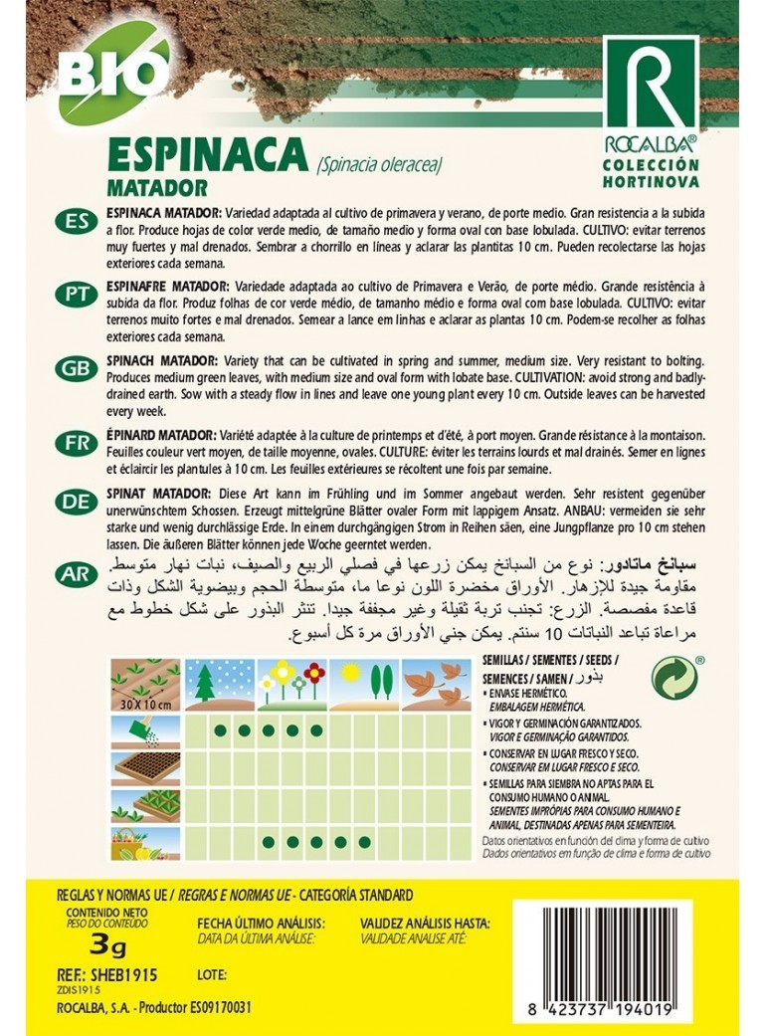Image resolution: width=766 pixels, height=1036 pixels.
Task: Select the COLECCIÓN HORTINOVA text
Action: coord(652,173)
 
